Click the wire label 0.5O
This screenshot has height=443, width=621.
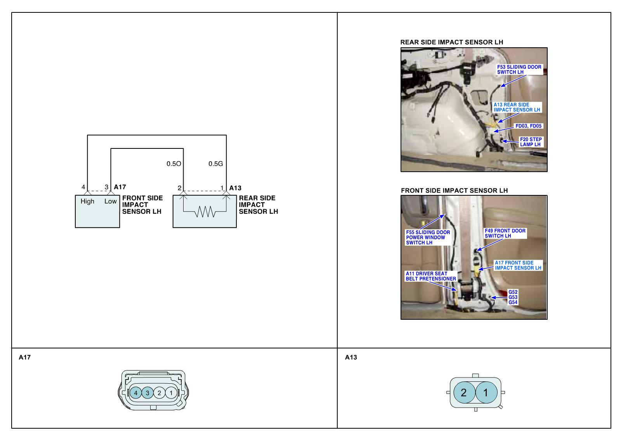174,164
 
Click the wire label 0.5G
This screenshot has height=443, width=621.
216,164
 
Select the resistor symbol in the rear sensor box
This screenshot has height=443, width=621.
205,212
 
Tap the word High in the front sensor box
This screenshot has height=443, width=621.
87,201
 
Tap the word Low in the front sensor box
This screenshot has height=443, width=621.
111,201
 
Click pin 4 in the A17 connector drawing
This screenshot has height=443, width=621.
135,393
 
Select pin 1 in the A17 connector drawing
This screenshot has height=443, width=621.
171,393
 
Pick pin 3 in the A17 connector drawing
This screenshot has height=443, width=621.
147,393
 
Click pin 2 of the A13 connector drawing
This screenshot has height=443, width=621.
463,393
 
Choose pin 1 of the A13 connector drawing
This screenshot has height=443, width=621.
485,393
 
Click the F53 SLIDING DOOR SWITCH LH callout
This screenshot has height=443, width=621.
519,69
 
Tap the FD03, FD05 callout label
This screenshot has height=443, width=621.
529,126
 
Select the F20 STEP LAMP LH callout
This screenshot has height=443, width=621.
531,142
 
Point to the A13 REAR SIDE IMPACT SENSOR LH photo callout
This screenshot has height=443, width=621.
517,107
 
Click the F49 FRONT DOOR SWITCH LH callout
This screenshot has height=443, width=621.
505,233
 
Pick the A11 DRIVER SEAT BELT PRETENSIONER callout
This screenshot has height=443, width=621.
430,276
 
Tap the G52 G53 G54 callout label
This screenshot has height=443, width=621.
513,297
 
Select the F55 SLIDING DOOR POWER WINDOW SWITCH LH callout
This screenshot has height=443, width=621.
428,238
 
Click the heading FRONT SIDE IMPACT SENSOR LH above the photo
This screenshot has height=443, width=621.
454,190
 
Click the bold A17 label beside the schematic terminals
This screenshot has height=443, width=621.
120,187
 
